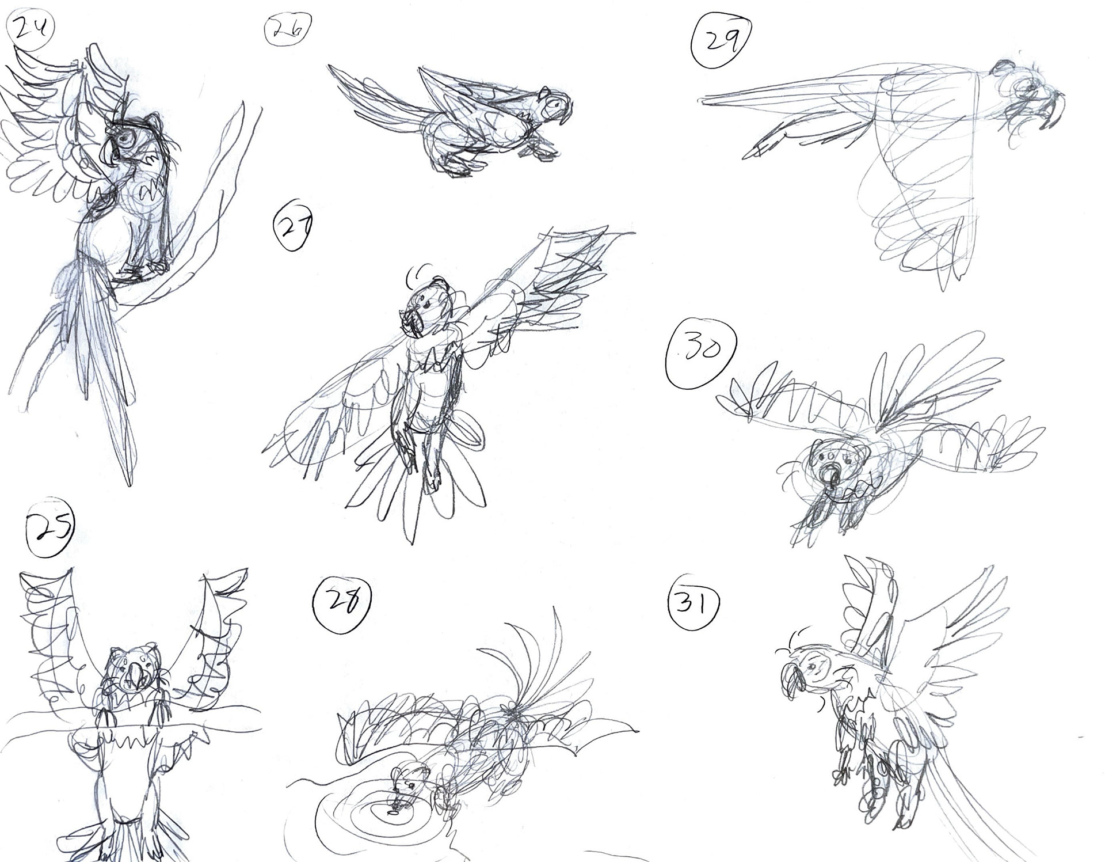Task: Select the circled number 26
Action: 287,29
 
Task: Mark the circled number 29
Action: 722,41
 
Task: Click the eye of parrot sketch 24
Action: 123,138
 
